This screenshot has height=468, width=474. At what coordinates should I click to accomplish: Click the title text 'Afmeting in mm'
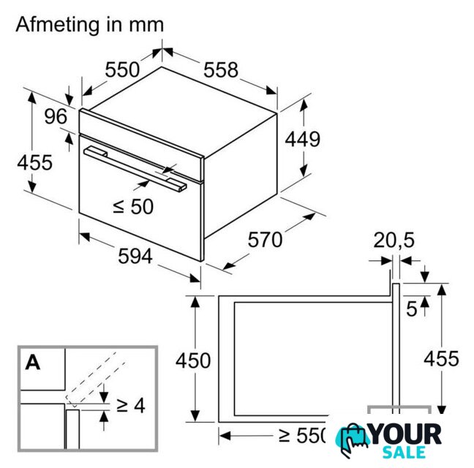(x=90, y=25)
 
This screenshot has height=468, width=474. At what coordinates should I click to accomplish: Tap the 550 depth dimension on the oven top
(x=122, y=69)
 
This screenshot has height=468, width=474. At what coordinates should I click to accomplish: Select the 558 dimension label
(x=221, y=70)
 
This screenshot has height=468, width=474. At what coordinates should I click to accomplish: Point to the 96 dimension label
(x=56, y=116)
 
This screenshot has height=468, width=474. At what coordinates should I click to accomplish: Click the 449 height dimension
(x=302, y=139)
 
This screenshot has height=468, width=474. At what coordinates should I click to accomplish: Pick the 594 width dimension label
(x=135, y=256)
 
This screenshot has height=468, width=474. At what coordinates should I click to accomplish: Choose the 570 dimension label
(x=265, y=240)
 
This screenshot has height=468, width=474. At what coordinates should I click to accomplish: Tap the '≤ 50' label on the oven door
(x=133, y=207)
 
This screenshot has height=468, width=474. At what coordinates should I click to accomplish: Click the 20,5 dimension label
(x=394, y=241)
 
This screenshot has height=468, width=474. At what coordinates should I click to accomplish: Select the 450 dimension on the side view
(x=193, y=361)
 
